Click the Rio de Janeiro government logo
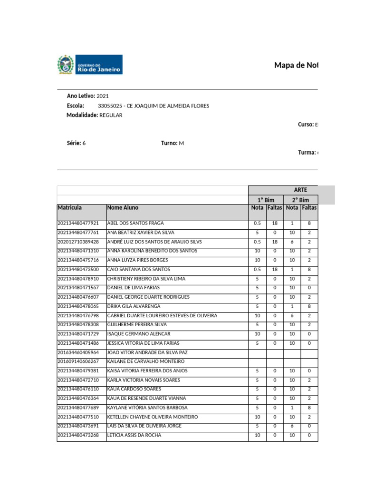pyautogui.click(x=89, y=65)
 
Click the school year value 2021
pyautogui.click(x=103, y=96)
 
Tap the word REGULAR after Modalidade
pyautogui.click(x=111, y=116)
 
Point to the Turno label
pyautogui.click(x=169, y=143)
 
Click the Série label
pyautogui.click(x=74, y=143)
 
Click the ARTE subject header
pyautogui.click(x=300, y=190)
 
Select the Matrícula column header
pyautogui.click(x=70, y=208)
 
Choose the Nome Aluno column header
pyautogui.click(x=123, y=208)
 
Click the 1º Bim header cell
pyautogui.click(x=266, y=200)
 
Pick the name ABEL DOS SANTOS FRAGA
pyautogui.click(x=136, y=224)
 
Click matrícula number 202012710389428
pyautogui.click(x=78, y=242)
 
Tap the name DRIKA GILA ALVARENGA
pyautogui.click(x=134, y=307)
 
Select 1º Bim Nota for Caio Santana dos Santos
pyautogui.click(x=257, y=270)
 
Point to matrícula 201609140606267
pyautogui.click(x=78, y=362)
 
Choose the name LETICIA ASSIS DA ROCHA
pyautogui.click(x=134, y=436)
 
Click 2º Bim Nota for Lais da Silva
pyautogui.click(x=292, y=426)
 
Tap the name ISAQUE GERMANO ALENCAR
pyautogui.click(x=139, y=334)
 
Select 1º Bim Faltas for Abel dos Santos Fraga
pyautogui.click(x=275, y=224)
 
